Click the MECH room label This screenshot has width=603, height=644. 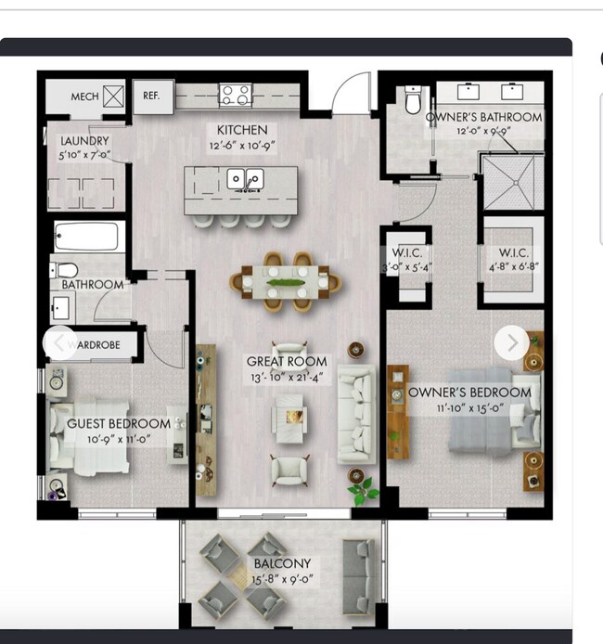click(85, 97)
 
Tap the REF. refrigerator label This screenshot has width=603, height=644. click(151, 96)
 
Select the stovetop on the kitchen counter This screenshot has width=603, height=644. click(235, 95)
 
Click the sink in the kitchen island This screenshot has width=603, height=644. click(246, 179)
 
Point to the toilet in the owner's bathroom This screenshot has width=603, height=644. click(415, 100)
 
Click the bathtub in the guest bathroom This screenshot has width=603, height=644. click(86, 237)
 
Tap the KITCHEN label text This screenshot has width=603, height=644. click(242, 130)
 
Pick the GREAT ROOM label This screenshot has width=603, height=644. click(287, 361)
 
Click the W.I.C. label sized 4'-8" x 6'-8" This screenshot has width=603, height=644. click(513, 252)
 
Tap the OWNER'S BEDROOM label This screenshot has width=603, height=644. click(470, 392)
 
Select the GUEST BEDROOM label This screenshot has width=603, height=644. click(119, 423)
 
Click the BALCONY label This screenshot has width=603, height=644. click(283, 563)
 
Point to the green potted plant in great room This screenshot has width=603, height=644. click(362, 488)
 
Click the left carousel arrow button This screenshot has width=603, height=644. click(59, 343)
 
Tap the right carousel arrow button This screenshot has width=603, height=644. click(511, 342)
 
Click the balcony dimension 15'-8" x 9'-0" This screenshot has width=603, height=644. click(283, 579)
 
